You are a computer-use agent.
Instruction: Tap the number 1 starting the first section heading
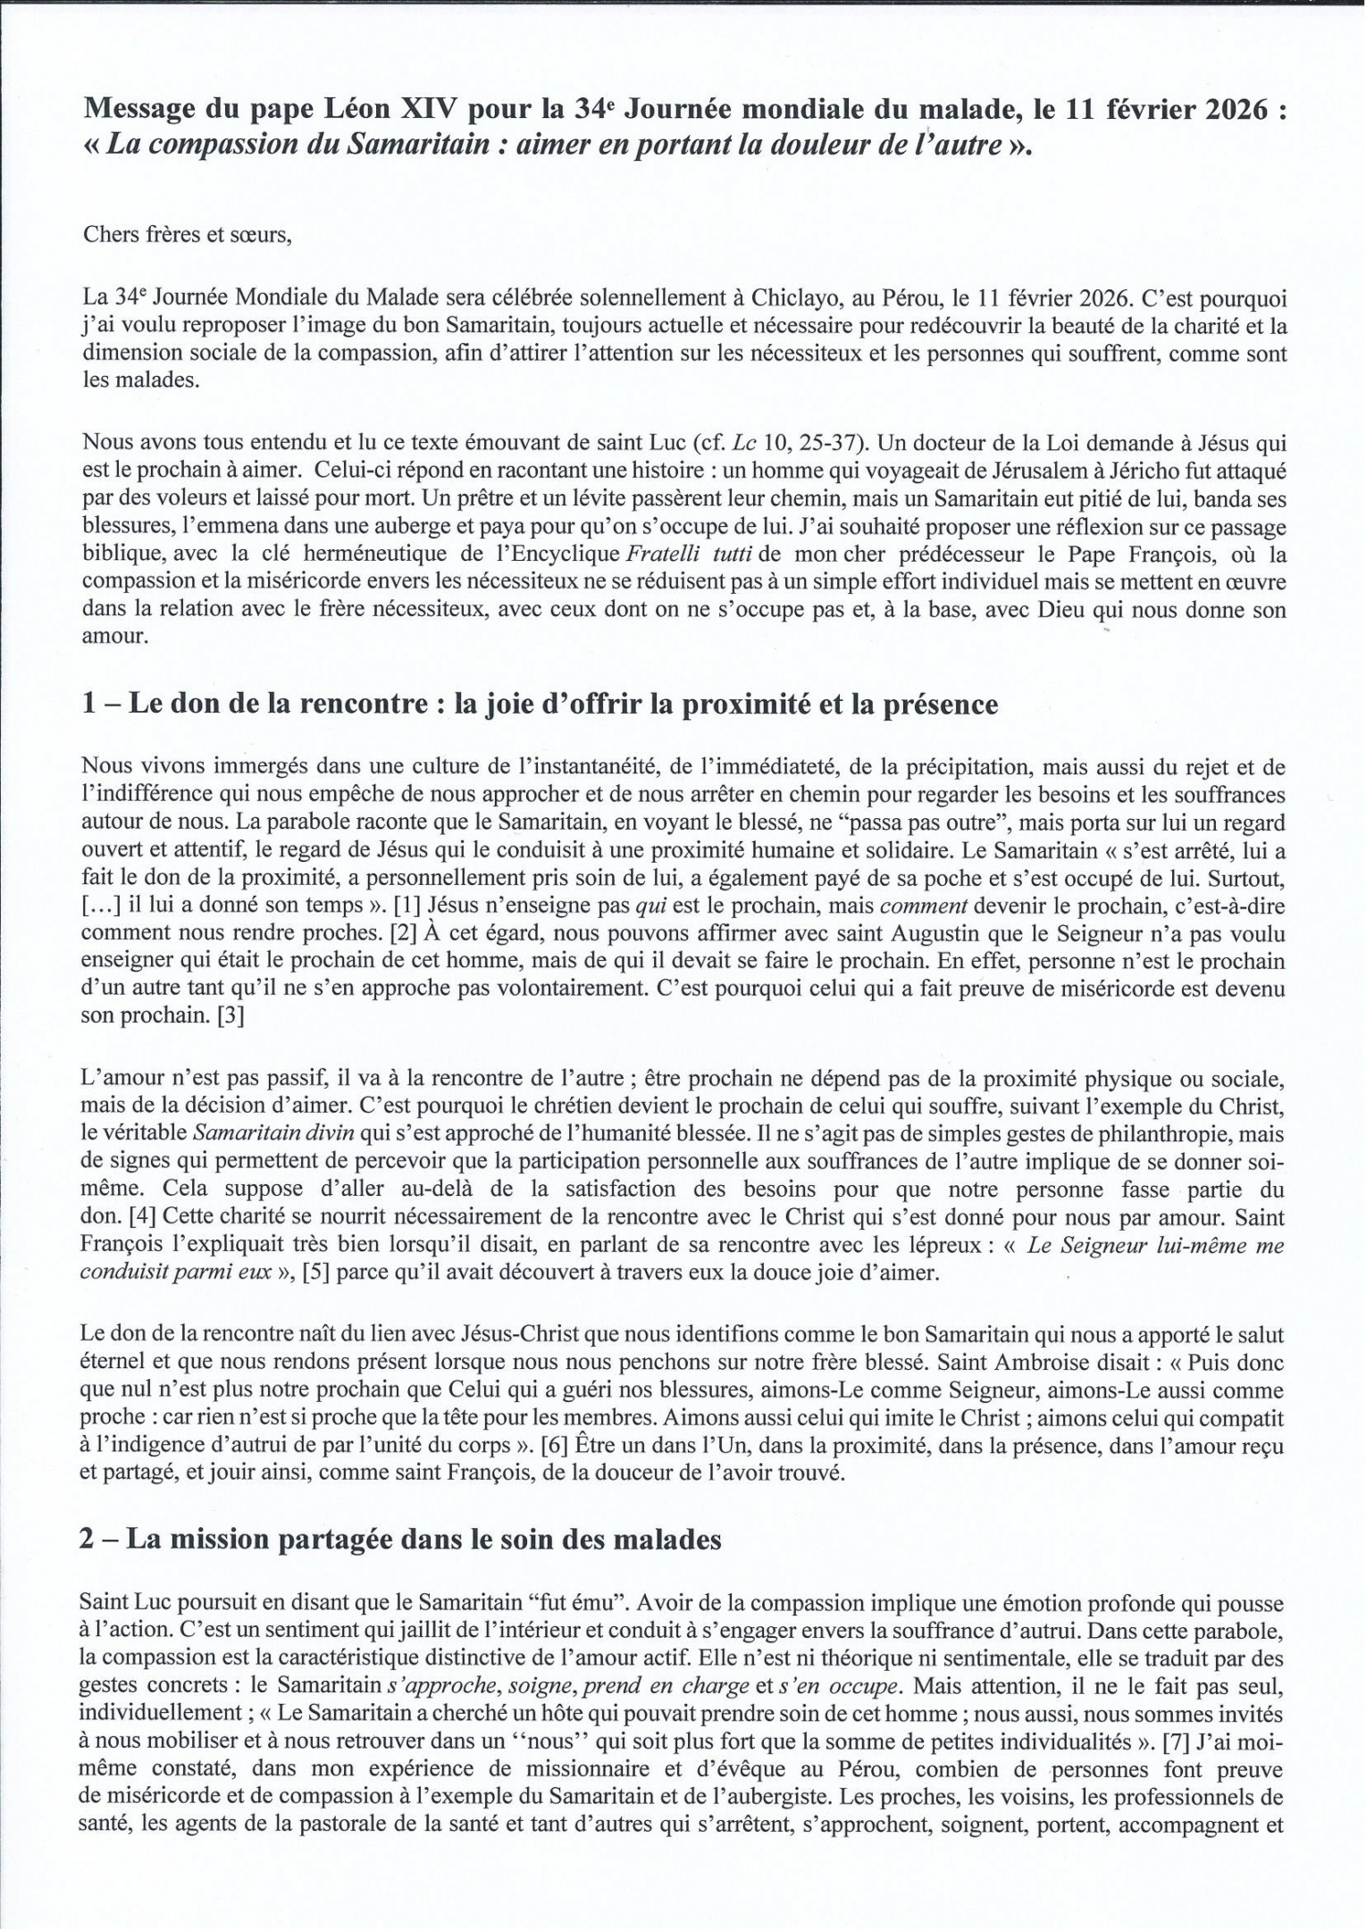[88, 705]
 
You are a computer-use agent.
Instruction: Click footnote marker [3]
[230, 1015]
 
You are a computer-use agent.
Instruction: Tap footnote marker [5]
[317, 1272]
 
